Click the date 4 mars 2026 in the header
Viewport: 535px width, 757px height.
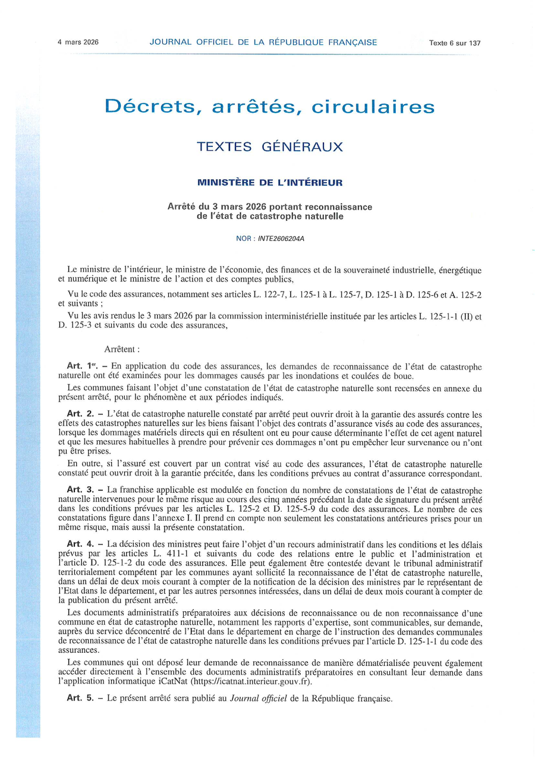[x=78, y=42]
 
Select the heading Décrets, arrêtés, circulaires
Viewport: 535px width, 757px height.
[x=269, y=107]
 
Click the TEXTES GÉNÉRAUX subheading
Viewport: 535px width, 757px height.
[x=270, y=147]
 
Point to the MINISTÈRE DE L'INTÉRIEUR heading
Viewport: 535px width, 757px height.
[x=270, y=182]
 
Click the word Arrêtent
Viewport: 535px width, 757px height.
[x=122, y=349]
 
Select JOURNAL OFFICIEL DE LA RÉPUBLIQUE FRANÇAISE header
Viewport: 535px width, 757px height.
[x=263, y=42]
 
